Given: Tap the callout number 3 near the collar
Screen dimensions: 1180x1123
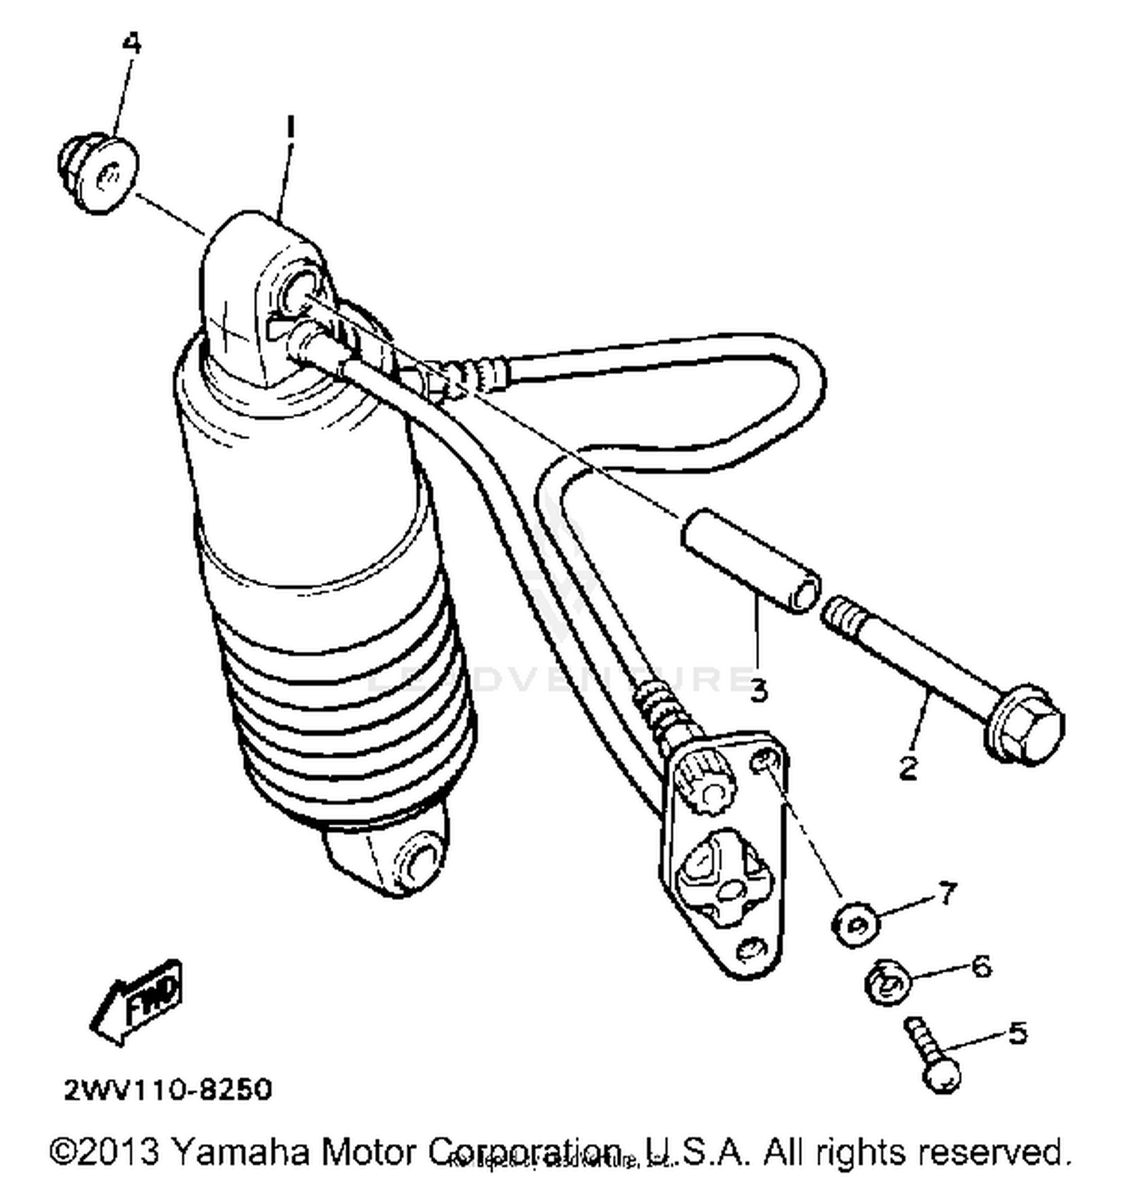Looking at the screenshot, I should pyautogui.click(x=759, y=689).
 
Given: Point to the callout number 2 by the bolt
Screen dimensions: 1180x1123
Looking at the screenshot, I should pyautogui.click(x=908, y=767).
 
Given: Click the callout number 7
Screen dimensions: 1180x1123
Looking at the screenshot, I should pyautogui.click(x=947, y=892).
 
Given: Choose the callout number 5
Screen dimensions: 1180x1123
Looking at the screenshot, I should pyautogui.click(x=1017, y=1033).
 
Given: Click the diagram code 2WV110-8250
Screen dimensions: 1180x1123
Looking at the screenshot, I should pyautogui.click(x=168, y=1089).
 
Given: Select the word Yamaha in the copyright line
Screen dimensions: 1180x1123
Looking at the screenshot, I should pyautogui.click(x=240, y=1152).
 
